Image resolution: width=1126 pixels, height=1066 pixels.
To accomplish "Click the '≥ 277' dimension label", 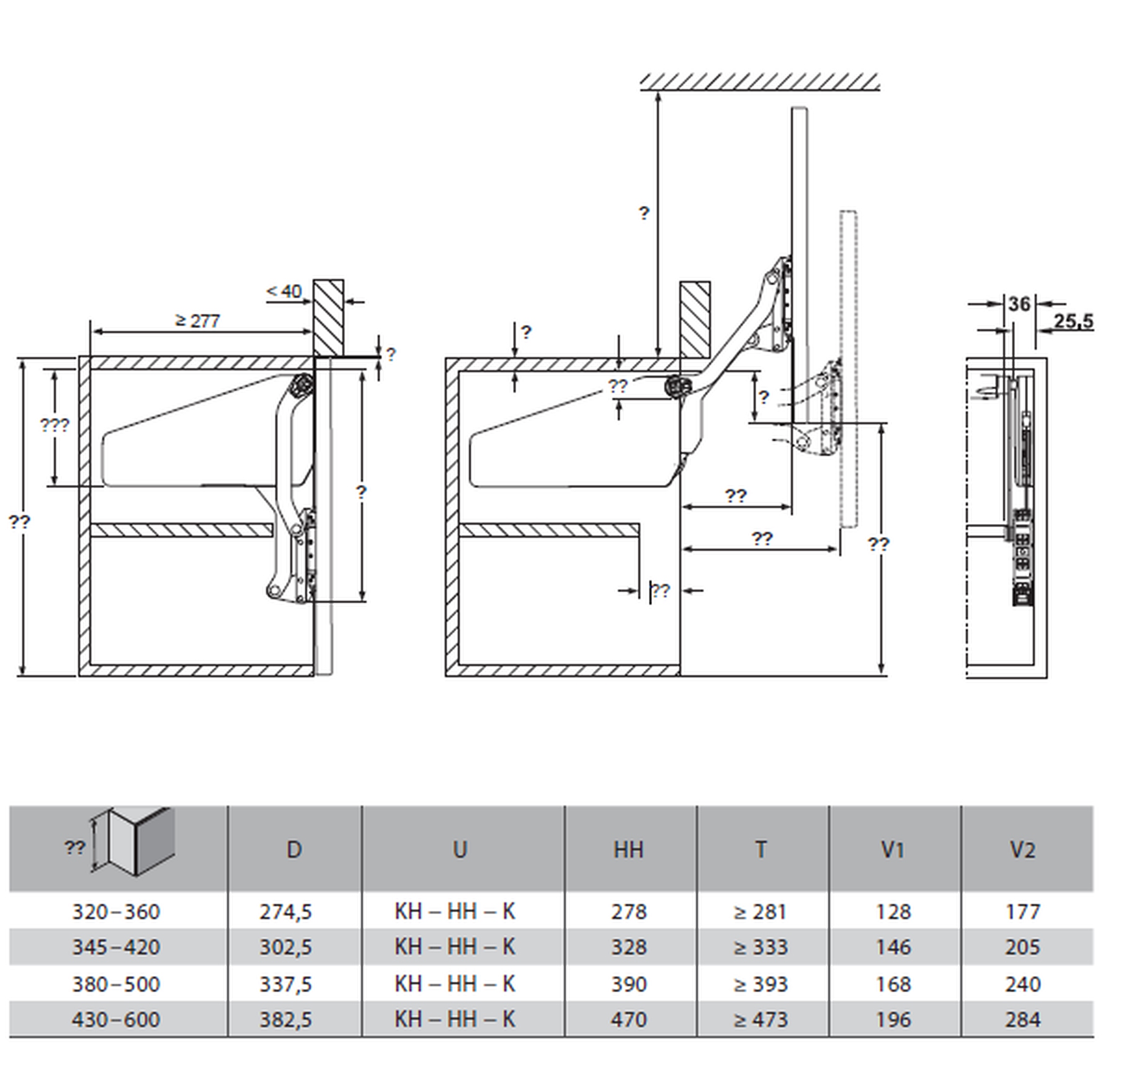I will pos(198,321).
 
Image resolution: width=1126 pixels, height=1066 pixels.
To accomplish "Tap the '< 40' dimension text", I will pos(284,291).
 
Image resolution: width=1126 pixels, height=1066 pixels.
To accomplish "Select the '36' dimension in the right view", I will pos(1019,304).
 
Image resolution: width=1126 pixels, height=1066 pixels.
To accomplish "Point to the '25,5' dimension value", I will pos(1073,321).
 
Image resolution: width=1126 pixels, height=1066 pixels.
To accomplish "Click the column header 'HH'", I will pos(628,850).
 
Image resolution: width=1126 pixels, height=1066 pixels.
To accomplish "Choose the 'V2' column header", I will pos(1022,850).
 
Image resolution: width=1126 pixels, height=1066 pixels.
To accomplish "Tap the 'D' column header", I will pos(294,850).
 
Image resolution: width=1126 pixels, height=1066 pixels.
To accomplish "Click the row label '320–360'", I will pos(116,912).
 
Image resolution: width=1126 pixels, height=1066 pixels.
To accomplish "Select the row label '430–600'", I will pos(116,1019).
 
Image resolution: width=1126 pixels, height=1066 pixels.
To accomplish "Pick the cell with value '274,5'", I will pos(285,912).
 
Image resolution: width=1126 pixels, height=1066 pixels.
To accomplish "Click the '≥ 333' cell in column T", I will pos(761,948).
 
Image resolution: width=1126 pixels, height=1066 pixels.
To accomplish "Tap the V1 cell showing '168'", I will pos(893,984).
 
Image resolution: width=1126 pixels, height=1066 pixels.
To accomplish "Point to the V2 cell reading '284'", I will pos(1022,1019).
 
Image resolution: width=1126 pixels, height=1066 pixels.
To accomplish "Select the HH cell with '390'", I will pos(628,984).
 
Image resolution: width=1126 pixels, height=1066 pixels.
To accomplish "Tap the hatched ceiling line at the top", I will pos(760,82).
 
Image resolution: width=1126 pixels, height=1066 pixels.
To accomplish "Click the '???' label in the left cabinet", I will pos(55,425).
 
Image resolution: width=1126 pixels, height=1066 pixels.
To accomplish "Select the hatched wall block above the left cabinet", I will pos(328,318).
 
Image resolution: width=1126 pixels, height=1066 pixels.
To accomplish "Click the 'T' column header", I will pos(761,850).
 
